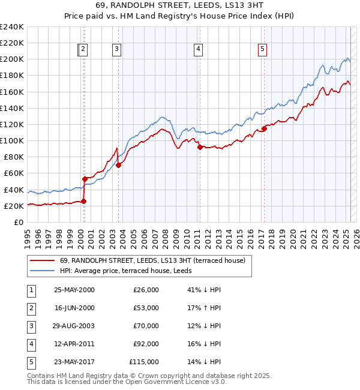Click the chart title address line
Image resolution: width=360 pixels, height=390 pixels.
coord(179,6)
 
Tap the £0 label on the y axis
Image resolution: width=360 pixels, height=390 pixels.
coord(19,222)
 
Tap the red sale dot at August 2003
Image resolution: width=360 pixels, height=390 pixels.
coord(119,165)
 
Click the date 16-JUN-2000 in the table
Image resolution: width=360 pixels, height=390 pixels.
coord(74,307)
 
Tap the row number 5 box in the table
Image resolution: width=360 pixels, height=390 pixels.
coord(29,362)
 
